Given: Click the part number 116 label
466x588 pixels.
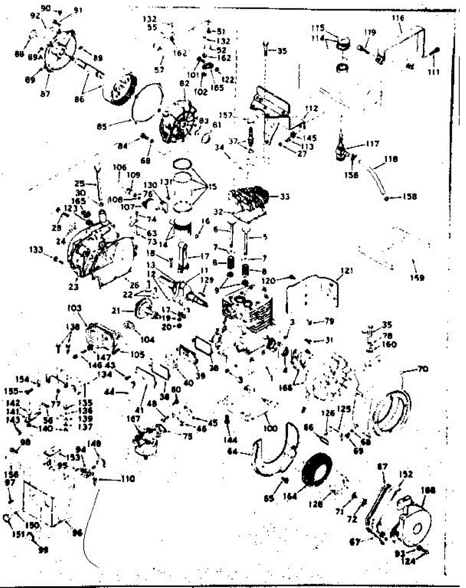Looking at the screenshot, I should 397,18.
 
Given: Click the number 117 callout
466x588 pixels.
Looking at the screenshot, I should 372,144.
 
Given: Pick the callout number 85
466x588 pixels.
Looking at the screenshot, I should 101,126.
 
